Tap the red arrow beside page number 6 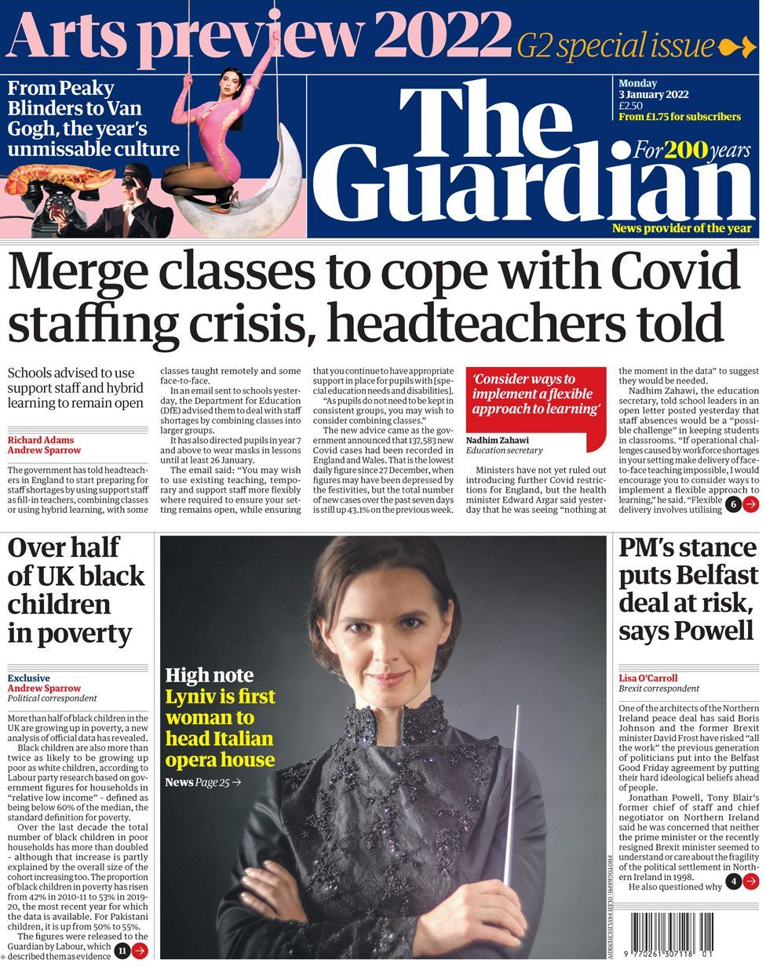750,504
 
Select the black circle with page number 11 122,951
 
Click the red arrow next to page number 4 751,882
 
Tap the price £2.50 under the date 630,106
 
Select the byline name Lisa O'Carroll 647,678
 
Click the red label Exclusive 28,678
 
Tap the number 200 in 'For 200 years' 685,149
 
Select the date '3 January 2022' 653,95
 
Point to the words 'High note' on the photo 209,675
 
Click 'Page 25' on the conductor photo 213,782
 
